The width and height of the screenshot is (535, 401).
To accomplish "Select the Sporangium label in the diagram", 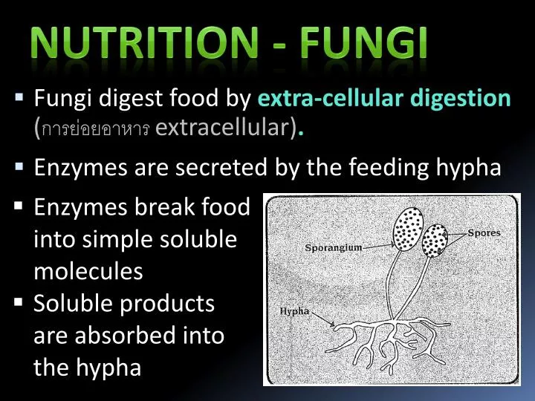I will [x=333, y=247].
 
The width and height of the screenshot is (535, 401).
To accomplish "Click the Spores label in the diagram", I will [x=484, y=233].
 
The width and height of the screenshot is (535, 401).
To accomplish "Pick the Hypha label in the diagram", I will [x=294, y=311].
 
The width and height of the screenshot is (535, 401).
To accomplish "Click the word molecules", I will [x=88, y=272].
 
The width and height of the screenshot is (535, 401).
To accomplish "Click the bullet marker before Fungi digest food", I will [x=19, y=97].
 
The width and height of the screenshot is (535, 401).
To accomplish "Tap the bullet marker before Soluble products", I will [x=19, y=303].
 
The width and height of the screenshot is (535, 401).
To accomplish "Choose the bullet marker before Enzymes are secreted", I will [x=19, y=167].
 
